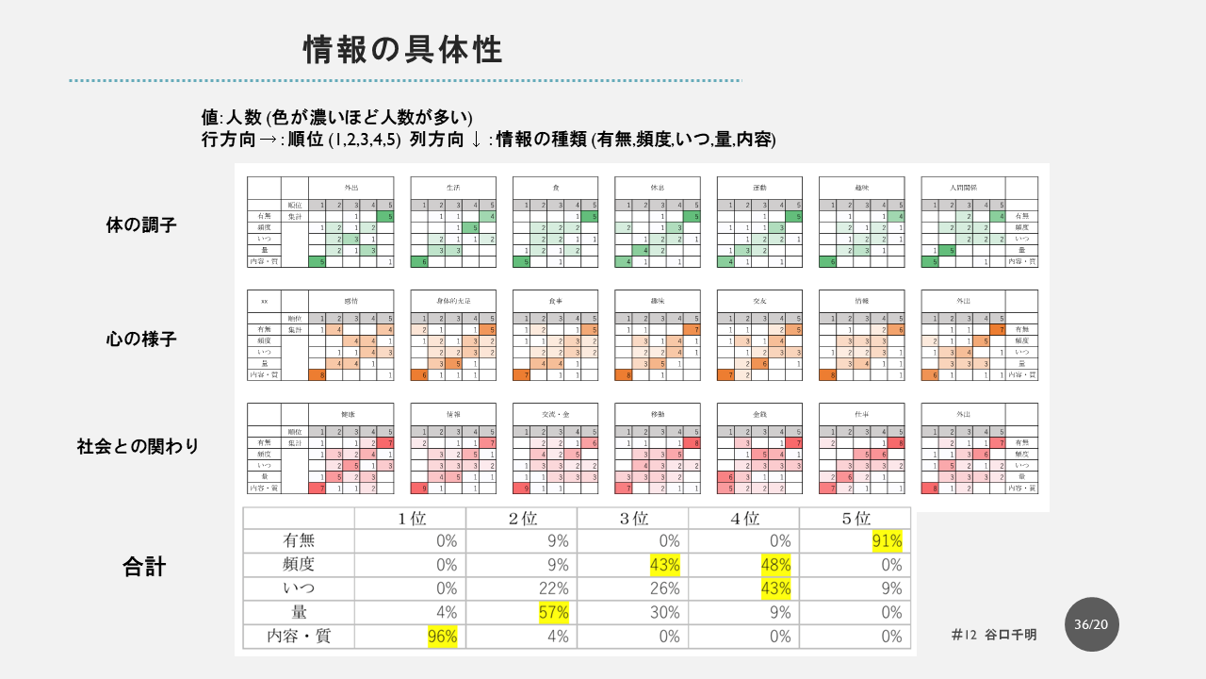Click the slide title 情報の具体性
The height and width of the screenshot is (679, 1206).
coord(402,50)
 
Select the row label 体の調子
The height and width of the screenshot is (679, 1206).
coord(141,225)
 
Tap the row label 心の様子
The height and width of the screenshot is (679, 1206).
coord(141,339)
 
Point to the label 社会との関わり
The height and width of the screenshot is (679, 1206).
coord(139,446)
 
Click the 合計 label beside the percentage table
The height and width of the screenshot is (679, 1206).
coord(144,567)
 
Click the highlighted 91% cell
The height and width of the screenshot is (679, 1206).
coord(888,541)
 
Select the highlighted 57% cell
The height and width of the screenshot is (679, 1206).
coord(554,612)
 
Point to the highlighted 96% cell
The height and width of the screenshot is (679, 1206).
coord(443,637)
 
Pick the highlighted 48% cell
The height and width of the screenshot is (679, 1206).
coord(776,565)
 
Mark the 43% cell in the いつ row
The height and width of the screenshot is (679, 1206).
coord(776,588)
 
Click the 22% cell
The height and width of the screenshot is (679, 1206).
coord(554,588)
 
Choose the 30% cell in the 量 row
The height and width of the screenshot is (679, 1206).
coord(665,612)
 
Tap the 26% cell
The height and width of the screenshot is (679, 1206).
coord(665,588)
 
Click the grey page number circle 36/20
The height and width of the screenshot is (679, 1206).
coord(1093,624)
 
